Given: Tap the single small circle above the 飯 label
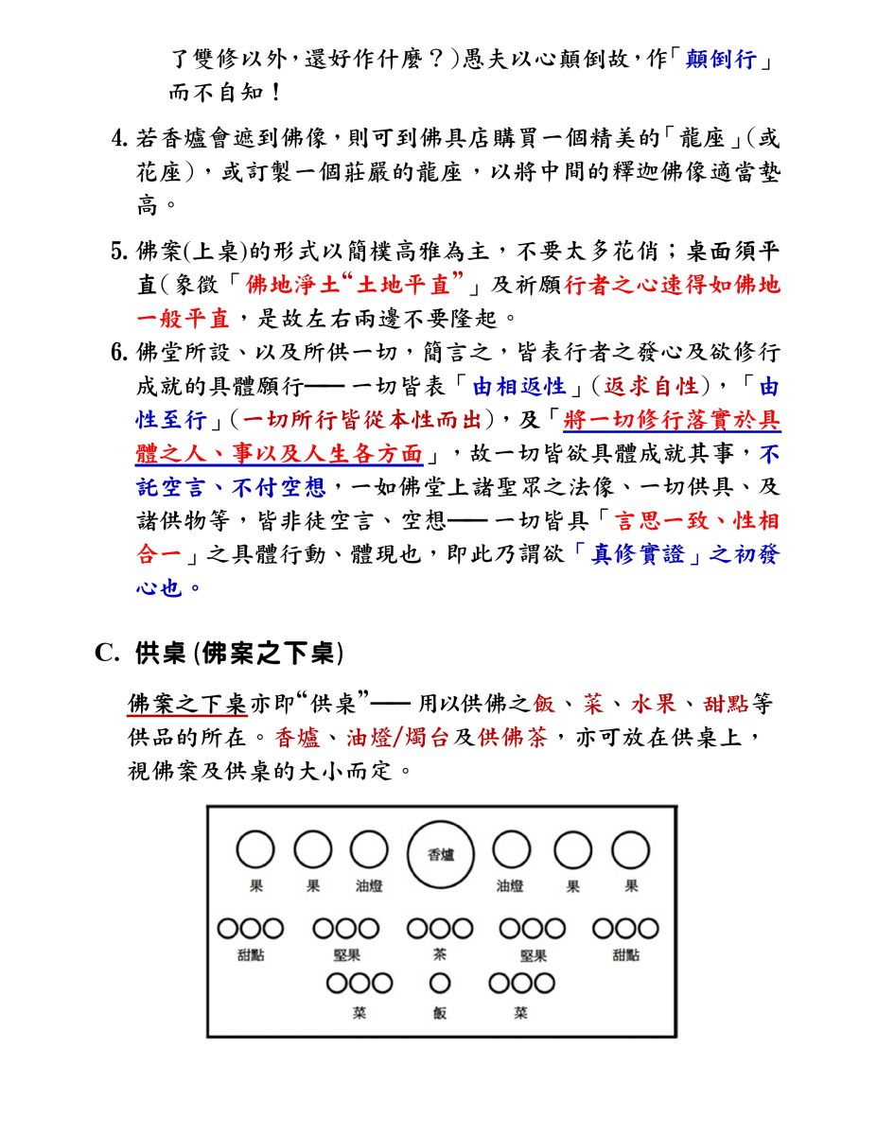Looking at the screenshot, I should pos(440,984).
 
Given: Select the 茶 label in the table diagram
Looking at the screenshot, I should pos(440,954).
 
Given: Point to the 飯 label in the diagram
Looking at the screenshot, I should pos(440,1013).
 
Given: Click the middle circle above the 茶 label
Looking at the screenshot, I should pos(440,929).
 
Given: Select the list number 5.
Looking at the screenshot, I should pos(119,252).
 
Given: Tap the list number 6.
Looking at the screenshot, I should pos(119,353).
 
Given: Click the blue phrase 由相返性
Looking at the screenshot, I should pos(518,386).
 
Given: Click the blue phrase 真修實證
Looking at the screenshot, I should pos(638,554).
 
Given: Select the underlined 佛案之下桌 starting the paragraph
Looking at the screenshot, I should pos(187,705).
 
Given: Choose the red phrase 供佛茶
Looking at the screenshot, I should pos(512,738).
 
